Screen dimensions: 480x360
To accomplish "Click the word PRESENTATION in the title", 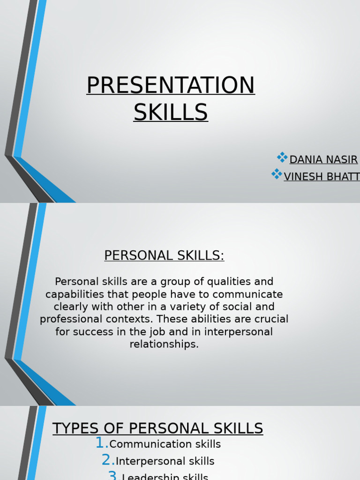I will [x=171, y=85].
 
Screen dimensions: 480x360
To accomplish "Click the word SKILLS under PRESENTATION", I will [x=171, y=112].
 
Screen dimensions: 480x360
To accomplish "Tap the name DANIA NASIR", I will [x=323, y=160].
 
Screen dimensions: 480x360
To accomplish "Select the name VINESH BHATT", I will [x=322, y=177].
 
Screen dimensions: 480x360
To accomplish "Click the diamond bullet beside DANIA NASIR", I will [x=282, y=157].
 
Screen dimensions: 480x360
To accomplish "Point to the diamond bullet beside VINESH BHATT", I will [x=277, y=174].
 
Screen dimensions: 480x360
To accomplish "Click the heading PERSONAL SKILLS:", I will [x=164, y=255].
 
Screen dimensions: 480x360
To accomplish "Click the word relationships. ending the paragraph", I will [x=164, y=345].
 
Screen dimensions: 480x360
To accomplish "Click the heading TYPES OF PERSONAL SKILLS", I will [x=157, y=428].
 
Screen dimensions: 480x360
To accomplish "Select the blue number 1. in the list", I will [x=102, y=443].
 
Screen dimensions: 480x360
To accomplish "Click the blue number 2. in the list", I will [x=108, y=460].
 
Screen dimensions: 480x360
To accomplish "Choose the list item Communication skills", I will [x=165, y=444].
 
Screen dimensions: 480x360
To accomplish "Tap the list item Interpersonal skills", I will [x=165, y=462].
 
